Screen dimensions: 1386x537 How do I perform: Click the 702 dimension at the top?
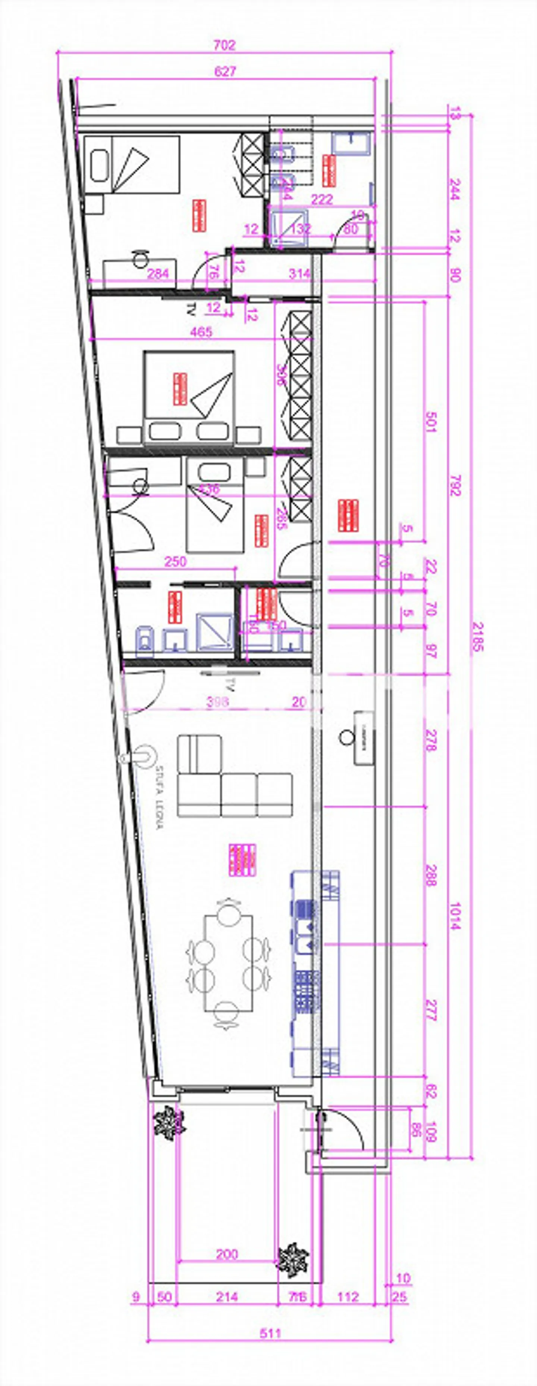point(224,45)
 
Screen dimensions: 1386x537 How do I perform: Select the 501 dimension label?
point(430,421)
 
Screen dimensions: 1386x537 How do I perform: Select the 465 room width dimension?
point(201,332)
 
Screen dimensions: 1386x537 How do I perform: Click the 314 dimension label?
point(299,274)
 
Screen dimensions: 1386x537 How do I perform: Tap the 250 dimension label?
point(175,561)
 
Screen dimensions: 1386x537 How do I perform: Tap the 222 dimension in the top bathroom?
point(322,200)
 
